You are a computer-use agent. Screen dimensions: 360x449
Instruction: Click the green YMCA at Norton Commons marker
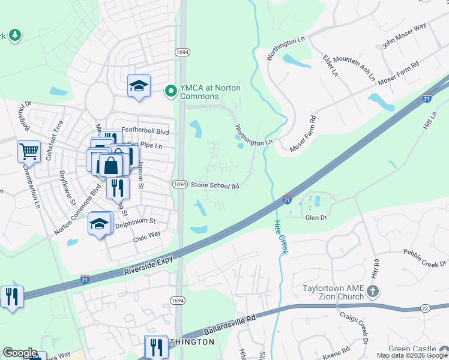[x=171, y=92]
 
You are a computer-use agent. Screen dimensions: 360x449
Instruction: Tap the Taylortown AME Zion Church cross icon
[x=373, y=292]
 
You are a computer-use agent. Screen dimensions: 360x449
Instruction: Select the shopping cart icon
[x=28, y=152]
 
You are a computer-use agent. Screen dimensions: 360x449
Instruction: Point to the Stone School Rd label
[x=215, y=186]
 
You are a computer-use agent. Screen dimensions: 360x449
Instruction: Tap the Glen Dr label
[x=315, y=218]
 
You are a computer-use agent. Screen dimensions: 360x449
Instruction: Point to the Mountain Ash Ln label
[x=354, y=68]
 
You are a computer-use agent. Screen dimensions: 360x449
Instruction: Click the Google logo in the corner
[x=20, y=353]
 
